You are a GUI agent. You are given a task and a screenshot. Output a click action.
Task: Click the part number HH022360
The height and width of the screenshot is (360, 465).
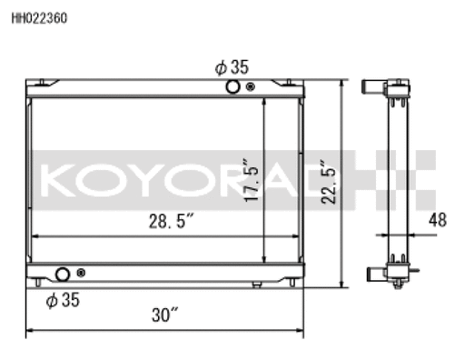point(39,18)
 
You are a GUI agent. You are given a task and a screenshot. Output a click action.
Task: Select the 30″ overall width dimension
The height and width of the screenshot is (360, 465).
point(164,315)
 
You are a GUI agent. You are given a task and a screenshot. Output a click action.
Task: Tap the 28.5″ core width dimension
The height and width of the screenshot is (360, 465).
point(171,221)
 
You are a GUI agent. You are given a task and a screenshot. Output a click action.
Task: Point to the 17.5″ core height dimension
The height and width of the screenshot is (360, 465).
point(252,180)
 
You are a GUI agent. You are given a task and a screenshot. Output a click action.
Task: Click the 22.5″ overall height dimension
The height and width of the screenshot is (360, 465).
point(329,182)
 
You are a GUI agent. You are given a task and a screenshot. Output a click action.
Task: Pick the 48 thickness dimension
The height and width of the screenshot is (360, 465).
point(438,220)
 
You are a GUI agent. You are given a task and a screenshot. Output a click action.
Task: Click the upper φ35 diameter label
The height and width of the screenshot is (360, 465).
point(232,67)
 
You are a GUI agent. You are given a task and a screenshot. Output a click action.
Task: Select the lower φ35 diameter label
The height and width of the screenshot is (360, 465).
point(63,300)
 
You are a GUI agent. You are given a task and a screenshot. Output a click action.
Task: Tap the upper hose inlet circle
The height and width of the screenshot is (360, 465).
point(232,87)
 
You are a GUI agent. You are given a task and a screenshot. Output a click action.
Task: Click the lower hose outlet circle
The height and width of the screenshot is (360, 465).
point(63,275)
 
